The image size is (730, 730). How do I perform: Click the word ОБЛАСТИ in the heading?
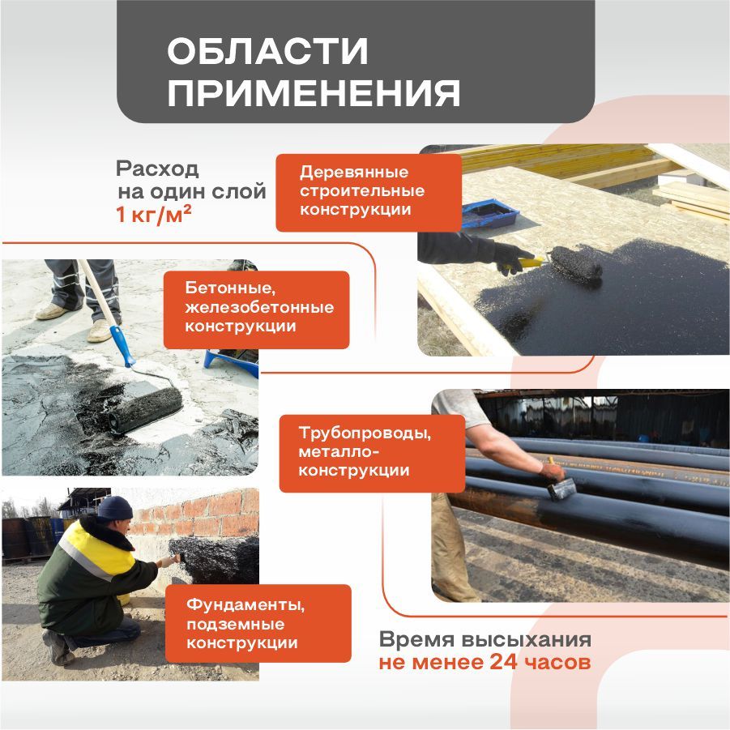tap(267, 52)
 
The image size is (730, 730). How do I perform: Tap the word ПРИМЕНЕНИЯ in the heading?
tap(314, 93)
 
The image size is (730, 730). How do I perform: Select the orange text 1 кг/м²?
tap(153, 216)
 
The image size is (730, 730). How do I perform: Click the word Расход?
tap(157, 170)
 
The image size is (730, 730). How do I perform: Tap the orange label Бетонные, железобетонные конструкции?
tap(256, 308)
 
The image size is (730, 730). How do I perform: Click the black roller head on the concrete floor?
tap(146, 409)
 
